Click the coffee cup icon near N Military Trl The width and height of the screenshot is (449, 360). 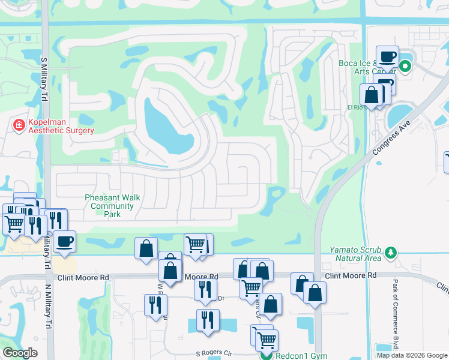tap(64, 241)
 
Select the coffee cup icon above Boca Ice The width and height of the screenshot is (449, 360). tap(387, 56)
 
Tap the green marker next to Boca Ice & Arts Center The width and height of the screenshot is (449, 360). tap(405, 67)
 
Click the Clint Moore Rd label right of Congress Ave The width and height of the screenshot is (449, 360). tap(351, 275)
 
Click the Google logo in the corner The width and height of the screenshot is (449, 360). tap(19, 353)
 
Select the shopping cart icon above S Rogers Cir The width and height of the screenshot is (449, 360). tap(266, 340)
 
